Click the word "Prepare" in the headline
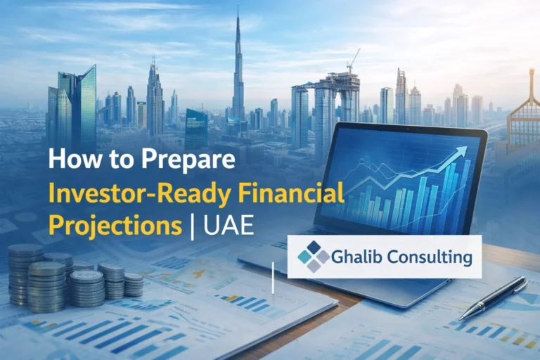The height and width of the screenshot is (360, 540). coord(192,160)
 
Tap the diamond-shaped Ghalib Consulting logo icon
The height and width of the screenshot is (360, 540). coord(313,257)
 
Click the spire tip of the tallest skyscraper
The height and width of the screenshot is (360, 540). coord(238,8)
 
